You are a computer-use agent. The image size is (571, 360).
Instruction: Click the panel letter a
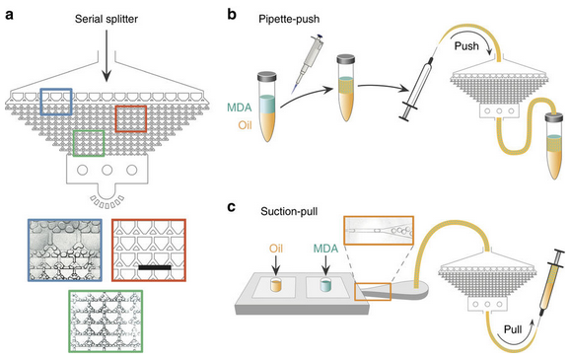tap(9, 16)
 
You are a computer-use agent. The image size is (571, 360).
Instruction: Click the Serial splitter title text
tap(107, 19)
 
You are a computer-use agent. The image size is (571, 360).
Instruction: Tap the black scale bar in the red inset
tap(155, 267)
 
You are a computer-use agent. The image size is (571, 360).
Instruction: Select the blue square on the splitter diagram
tap(56, 102)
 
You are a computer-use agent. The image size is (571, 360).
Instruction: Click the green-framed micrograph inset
tap(106, 321)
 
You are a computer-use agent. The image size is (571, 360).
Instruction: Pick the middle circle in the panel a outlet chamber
tap(107, 170)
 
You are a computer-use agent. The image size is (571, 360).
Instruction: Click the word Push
tap(466, 46)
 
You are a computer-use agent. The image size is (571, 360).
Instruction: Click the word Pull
tap(513, 329)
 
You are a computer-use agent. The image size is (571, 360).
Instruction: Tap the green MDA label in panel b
tap(240, 108)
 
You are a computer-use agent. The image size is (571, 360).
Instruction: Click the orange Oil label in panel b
tap(245, 125)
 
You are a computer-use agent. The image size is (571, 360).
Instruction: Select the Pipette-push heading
tap(289, 19)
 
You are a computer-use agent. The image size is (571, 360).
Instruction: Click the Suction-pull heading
tap(289, 211)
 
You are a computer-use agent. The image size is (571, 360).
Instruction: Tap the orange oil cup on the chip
tap(276, 285)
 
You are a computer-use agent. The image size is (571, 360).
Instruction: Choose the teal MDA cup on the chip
tap(325, 285)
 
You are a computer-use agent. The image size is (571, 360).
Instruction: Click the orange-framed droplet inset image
tap(379, 230)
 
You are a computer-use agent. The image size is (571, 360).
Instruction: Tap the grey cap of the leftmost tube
tap(267, 76)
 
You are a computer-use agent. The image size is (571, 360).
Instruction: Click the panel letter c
tap(231, 207)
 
